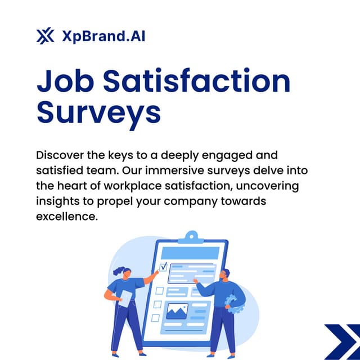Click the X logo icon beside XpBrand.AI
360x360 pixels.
click(45, 37)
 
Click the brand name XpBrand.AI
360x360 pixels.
click(101, 37)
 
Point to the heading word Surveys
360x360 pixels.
click(98, 113)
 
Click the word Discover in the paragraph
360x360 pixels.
click(60, 154)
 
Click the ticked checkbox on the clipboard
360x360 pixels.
click(163, 267)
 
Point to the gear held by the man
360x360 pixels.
click(232, 303)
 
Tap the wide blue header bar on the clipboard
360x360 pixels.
click(191, 250)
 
